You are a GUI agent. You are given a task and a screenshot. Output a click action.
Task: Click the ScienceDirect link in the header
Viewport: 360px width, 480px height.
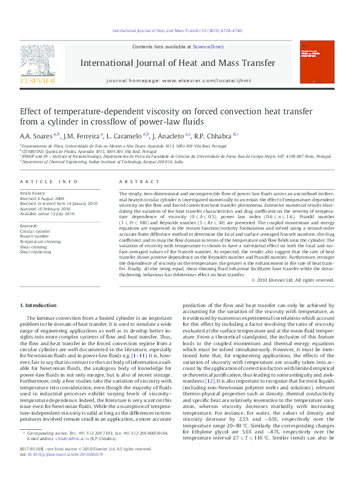208,47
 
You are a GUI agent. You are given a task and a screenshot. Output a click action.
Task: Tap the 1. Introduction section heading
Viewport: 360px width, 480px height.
40,306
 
